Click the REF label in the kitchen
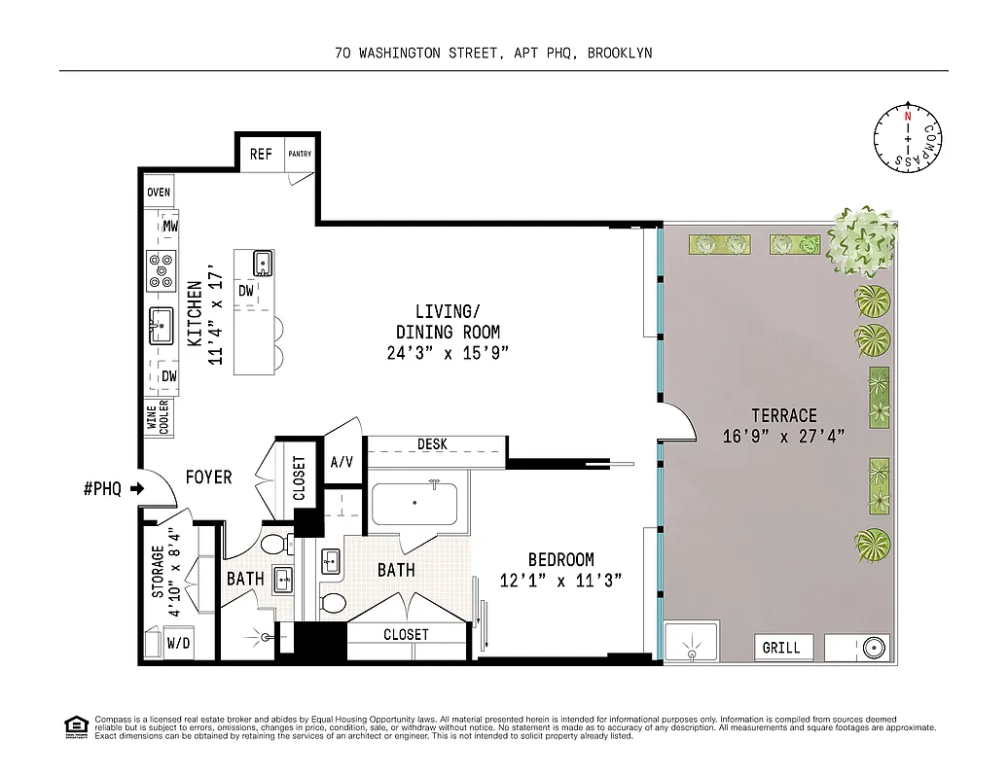coord(261,154)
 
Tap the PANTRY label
coord(299,154)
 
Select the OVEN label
coord(159,193)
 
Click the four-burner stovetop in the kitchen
coord(160,271)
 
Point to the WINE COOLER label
coord(158,416)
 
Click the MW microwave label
coord(170,227)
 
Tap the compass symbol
coord(908,139)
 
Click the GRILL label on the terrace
coord(781,648)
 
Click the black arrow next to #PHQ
coord(137,489)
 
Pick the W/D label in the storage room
coord(178,643)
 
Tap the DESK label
coord(432,444)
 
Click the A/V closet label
coord(342,462)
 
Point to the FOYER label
coord(209,477)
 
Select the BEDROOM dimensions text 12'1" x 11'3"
coord(560,580)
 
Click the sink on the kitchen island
coord(263,263)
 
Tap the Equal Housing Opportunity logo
coord(74,725)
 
